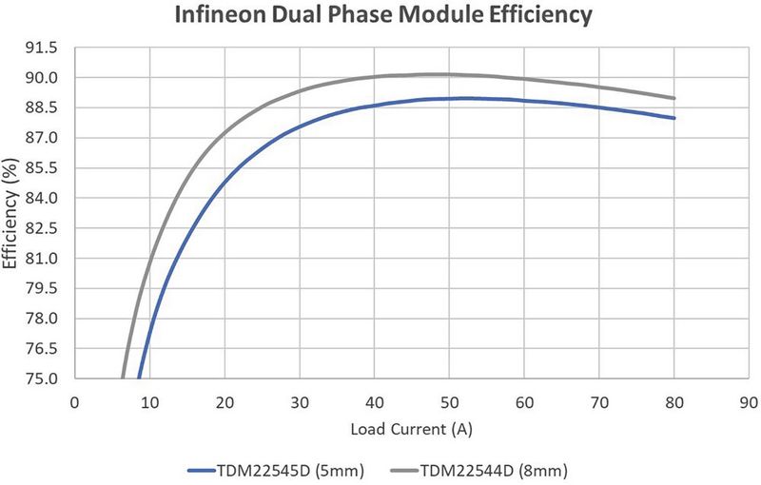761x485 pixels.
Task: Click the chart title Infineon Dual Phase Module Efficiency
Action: click(x=380, y=15)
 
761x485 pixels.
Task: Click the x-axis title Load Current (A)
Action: click(x=411, y=429)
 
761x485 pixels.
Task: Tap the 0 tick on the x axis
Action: click(x=74, y=401)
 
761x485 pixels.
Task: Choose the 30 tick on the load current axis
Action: click(x=300, y=401)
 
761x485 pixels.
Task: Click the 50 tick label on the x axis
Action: click(x=450, y=401)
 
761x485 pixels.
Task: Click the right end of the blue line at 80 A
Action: click(x=674, y=118)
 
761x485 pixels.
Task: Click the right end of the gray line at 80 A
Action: click(x=674, y=98)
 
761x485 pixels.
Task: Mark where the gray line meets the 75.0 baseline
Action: click(x=123, y=378)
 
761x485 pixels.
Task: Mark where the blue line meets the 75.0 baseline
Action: click(x=139, y=378)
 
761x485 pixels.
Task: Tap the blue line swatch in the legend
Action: click(x=209, y=470)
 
